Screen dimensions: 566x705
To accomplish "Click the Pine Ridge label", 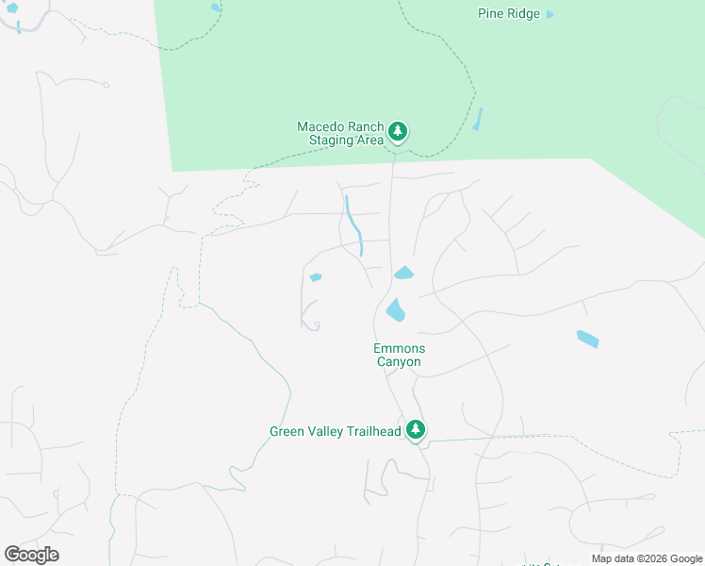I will click(509, 14).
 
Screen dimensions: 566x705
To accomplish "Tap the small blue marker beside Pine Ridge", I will click(550, 14).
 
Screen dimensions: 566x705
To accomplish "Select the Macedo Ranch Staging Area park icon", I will click(398, 131).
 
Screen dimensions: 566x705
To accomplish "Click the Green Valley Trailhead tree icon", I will click(415, 430).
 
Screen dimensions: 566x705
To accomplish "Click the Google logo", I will click(32, 554).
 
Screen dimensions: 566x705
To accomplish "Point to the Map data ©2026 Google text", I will click(647, 558).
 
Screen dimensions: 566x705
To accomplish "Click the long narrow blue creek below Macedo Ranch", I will click(354, 225).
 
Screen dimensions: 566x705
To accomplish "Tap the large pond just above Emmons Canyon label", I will click(395, 309).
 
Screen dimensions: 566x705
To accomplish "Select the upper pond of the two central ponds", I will click(403, 273).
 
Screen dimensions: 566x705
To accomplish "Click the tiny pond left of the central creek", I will click(315, 277).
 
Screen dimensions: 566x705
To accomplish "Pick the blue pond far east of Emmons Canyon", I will click(587, 339).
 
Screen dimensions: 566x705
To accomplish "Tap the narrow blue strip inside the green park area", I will click(478, 120).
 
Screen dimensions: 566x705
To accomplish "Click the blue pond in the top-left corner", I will click(11, 8).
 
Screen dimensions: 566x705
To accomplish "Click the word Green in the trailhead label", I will click(287, 432).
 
